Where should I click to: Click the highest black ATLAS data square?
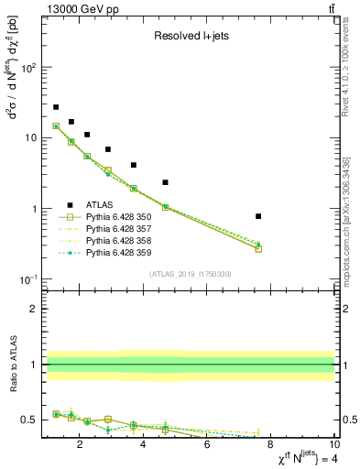[56, 107]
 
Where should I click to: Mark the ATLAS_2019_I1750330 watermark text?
[191, 274]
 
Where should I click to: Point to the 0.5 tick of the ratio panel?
[30, 420]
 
